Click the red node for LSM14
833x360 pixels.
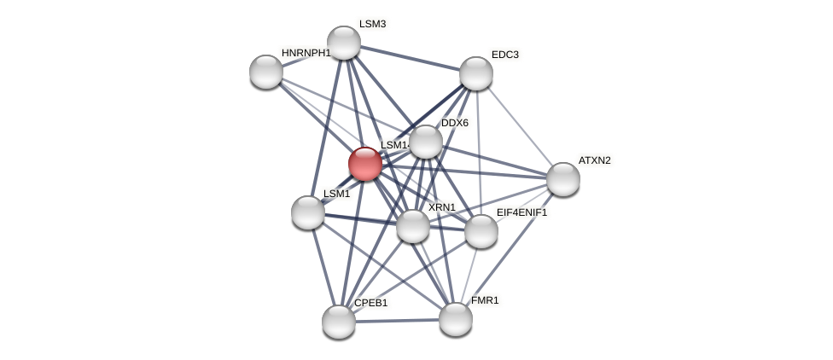coord(365,164)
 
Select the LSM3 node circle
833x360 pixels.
coord(344,43)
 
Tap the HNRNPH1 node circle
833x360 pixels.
coord(266,72)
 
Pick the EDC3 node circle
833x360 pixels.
coord(476,73)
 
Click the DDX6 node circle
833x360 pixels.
coord(426,142)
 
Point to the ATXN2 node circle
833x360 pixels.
coord(563,179)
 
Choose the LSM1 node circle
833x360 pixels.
coord(308,212)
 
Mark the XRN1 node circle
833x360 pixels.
coord(413,226)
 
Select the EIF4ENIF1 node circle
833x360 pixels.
coord(481,231)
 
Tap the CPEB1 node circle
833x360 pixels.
coord(339,322)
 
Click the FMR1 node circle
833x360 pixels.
coord(456,319)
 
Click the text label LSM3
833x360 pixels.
coord(372,24)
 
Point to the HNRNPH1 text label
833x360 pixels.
coord(306,53)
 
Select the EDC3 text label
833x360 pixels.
coord(504,55)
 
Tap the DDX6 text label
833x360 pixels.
coord(454,123)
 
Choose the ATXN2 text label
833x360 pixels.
coord(594,160)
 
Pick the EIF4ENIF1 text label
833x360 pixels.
coord(521,212)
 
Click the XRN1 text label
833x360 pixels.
coord(441,207)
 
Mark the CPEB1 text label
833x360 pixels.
coord(370,303)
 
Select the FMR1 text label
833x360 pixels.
coord(485,300)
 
